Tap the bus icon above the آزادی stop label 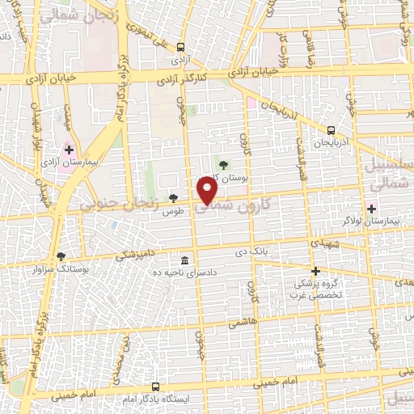[x=180, y=47]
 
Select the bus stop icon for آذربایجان [x=331, y=130]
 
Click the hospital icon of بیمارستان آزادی [x=68, y=150]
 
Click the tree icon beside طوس [x=173, y=198]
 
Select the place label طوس [x=171, y=211]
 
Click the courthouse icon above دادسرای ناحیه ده [x=185, y=260]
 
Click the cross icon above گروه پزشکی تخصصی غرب [x=315, y=271]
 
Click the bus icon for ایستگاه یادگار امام [x=156, y=387]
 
